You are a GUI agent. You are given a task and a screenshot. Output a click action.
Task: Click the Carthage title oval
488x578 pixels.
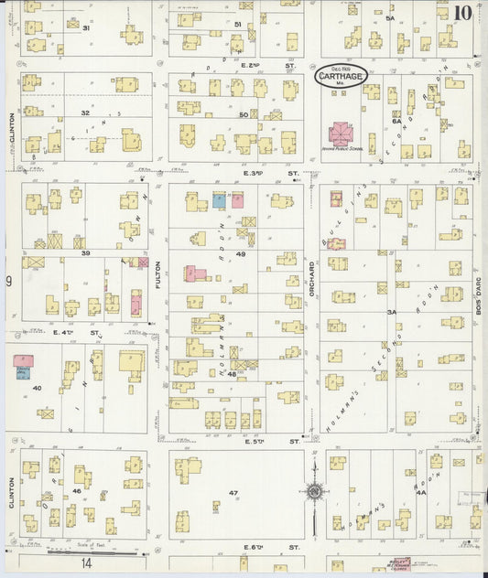(x=342, y=77)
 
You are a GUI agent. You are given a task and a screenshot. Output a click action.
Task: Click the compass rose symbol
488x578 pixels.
(x=315, y=492)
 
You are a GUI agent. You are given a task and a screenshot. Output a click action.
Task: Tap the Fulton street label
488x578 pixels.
(x=157, y=276)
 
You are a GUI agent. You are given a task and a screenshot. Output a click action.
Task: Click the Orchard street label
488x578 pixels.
(x=311, y=274)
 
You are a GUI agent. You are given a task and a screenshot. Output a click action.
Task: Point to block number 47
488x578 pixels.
(x=233, y=493)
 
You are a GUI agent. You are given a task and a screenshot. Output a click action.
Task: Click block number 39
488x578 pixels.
(x=84, y=252)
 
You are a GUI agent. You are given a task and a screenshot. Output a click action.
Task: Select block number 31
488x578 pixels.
(x=87, y=28)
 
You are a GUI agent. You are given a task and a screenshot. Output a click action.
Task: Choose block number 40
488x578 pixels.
(x=37, y=388)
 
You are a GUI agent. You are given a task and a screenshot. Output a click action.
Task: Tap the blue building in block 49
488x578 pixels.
(x=220, y=199)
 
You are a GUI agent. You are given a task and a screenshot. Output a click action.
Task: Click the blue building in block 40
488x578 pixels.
(x=22, y=372)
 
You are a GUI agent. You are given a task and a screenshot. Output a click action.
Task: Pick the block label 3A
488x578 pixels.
(x=391, y=312)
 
